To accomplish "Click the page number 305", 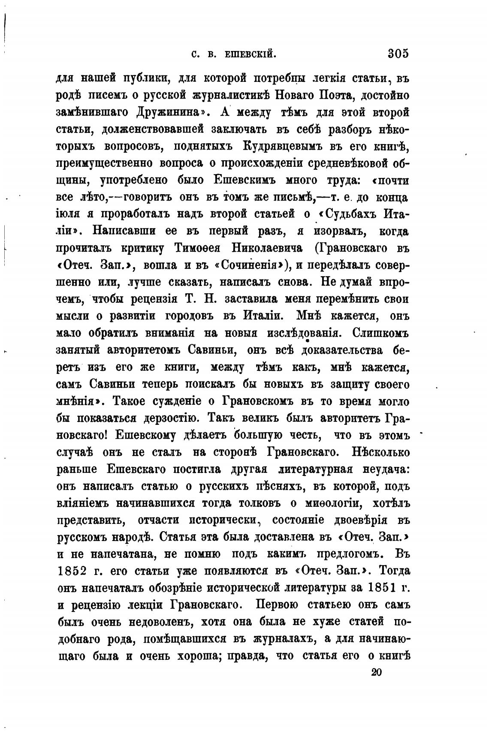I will (x=398, y=54).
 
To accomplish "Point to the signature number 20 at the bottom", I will (x=376, y=672).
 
